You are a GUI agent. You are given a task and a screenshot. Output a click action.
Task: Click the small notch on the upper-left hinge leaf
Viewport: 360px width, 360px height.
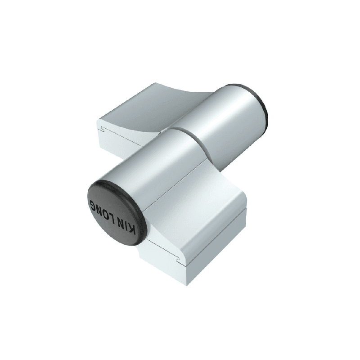tap(103, 130)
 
